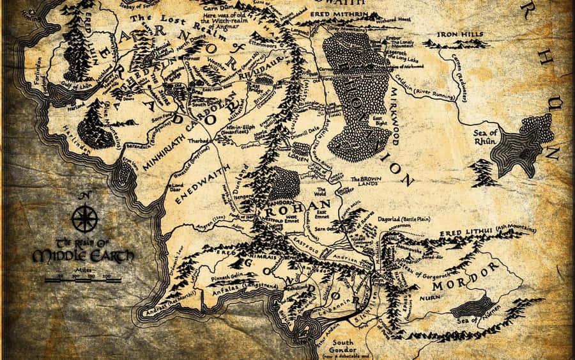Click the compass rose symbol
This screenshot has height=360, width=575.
tap(84, 218)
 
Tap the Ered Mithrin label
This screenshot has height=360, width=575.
tap(335, 12)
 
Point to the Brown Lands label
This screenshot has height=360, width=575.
tap(366, 182)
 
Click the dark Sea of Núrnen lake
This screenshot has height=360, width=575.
tap(473, 308)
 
